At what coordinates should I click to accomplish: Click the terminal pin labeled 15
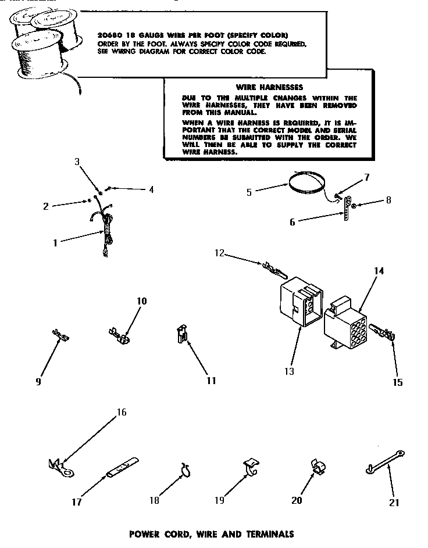[381, 335]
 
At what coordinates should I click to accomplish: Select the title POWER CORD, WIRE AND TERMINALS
[211, 533]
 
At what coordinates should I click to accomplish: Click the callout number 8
[388, 200]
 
